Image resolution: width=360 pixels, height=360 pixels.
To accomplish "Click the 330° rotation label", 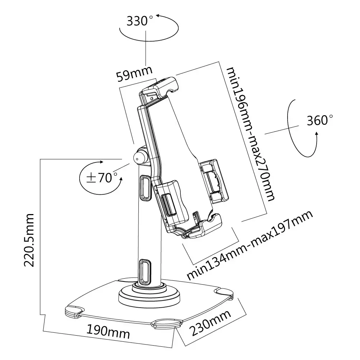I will click(x=137, y=21).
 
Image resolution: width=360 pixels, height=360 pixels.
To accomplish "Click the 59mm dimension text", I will click(x=134, y=74).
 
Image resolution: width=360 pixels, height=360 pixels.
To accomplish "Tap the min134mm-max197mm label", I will click(x=250, y=245).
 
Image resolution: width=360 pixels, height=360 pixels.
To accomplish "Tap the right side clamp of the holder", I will click(x=214, y=180).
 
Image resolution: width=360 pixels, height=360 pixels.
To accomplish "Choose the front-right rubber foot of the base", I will click(x=167, y=323).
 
